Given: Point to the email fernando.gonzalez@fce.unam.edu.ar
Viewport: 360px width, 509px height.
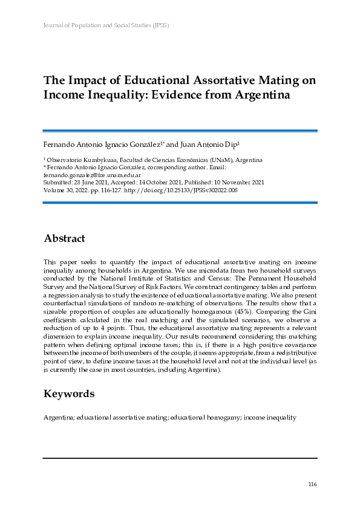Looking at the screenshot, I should click(x=87, y=174).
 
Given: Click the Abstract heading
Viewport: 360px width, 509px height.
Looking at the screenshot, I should click(x=64, y=239).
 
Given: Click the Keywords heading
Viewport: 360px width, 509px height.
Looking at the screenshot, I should click(x=69, y=394).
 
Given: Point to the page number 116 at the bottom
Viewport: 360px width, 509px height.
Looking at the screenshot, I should click(x=312, y=484).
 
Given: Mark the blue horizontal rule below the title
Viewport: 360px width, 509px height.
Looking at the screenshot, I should click(x=180, y=130).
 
